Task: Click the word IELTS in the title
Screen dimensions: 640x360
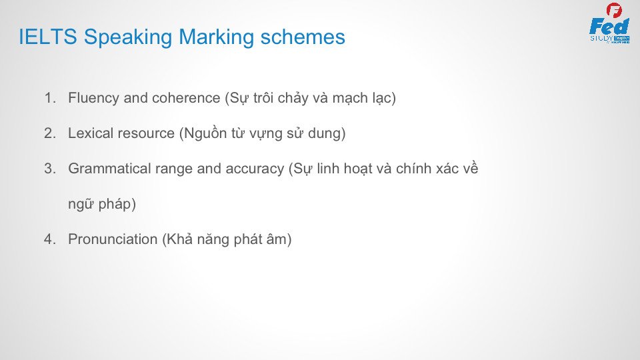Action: point(48,37)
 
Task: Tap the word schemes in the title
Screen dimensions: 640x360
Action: point(303,37)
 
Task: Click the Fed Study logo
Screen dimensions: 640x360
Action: point(610,23)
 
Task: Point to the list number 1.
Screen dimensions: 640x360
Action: point(50,98)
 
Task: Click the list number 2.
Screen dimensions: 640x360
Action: point(50,133)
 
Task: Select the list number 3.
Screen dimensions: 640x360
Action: point(50,169)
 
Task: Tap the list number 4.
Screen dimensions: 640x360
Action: point(50,239)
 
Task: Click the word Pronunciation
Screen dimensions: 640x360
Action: point(113,239)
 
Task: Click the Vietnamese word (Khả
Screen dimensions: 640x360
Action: point(177,239)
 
